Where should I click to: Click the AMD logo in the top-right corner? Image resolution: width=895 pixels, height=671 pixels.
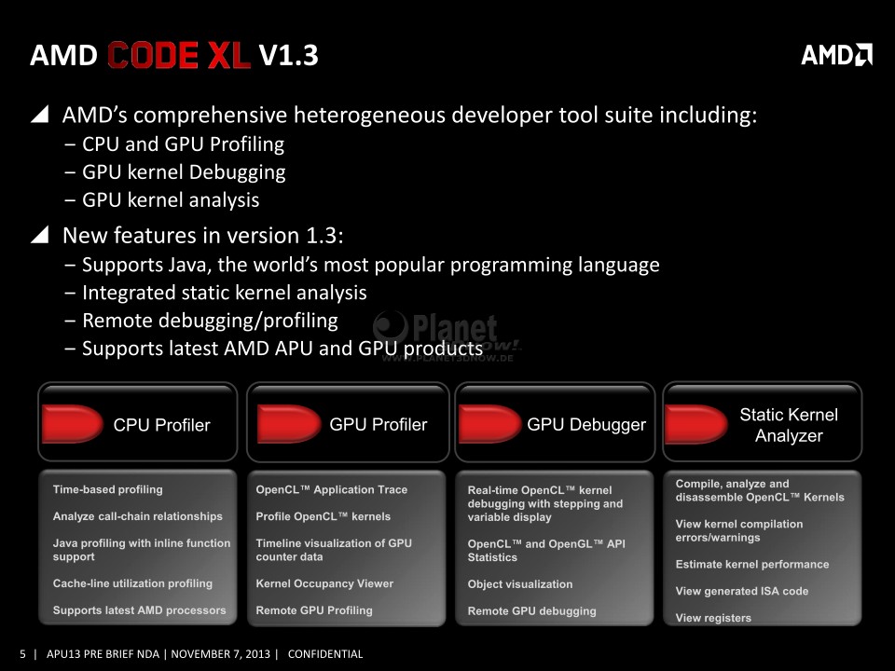(836, 55)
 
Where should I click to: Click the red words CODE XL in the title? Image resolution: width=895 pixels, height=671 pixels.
(179, 55)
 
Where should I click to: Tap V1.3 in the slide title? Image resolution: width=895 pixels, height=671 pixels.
(288, 55)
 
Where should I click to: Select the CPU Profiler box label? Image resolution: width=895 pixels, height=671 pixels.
(161, 425)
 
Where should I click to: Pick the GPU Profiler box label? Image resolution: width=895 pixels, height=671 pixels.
(378, 425)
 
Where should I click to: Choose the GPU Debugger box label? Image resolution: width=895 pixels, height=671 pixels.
(586, 425)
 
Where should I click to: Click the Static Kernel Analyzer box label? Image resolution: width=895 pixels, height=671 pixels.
(789, 425)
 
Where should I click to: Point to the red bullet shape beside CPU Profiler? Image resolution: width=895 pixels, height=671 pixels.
(72, 424)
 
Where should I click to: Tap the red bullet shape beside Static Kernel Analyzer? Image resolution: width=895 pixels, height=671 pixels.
(695, 424)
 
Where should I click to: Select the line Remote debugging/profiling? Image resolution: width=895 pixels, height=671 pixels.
(210, 321)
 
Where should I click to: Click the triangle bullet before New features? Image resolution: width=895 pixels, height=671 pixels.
(39, 234)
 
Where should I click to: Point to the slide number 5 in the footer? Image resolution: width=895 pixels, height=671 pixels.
(22, 654)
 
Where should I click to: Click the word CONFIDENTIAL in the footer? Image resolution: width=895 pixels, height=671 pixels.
(325, 654)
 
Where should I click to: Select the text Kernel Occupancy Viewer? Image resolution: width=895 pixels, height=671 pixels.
(324, 583)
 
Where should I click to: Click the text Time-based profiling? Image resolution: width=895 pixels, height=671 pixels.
(108, 489)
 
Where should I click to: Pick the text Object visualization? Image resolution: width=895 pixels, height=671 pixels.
(520, 584)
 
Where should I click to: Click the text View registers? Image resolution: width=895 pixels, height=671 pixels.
(713, 618)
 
